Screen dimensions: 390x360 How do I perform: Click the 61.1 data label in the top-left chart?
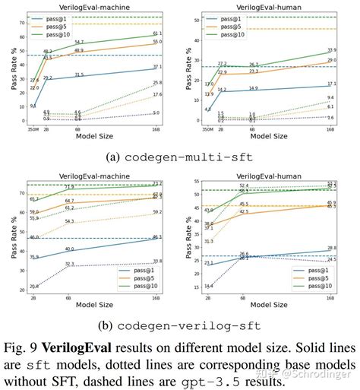(x=157, y=33)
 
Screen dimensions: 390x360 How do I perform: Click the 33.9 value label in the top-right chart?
(x=331, y=50)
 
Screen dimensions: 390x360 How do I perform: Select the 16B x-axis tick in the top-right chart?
(x=330, y=130)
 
